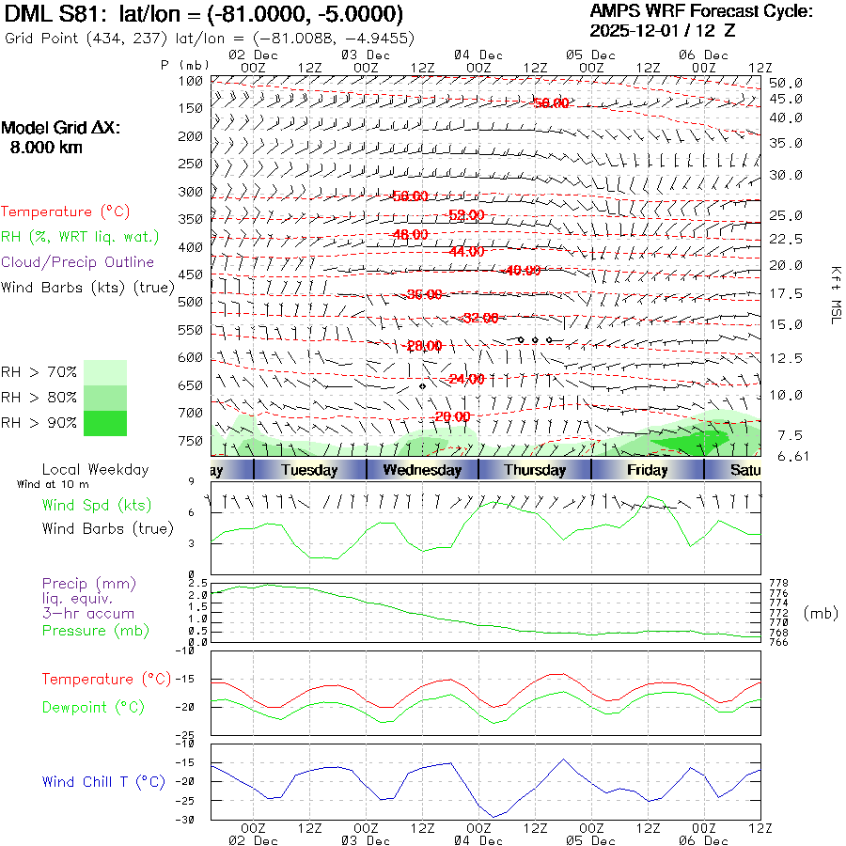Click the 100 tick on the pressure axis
(192, 81)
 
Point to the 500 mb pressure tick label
(192, 302)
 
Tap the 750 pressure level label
(192, 440)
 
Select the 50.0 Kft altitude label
(786, 83)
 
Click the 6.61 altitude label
(786, 456)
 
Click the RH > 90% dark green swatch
(105, 423)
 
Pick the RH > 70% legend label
(39, 372)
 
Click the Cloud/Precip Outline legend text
(77, 261)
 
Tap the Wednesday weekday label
(422, 470)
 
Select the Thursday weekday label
(535, 470)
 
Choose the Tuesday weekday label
(309, 470)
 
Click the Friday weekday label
(647, 470)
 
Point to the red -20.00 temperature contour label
(452, 416)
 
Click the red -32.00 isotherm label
(480, 319)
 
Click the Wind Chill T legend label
(103, 781)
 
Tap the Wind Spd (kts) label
(97, 505)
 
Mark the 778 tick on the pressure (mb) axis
(779, 584)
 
